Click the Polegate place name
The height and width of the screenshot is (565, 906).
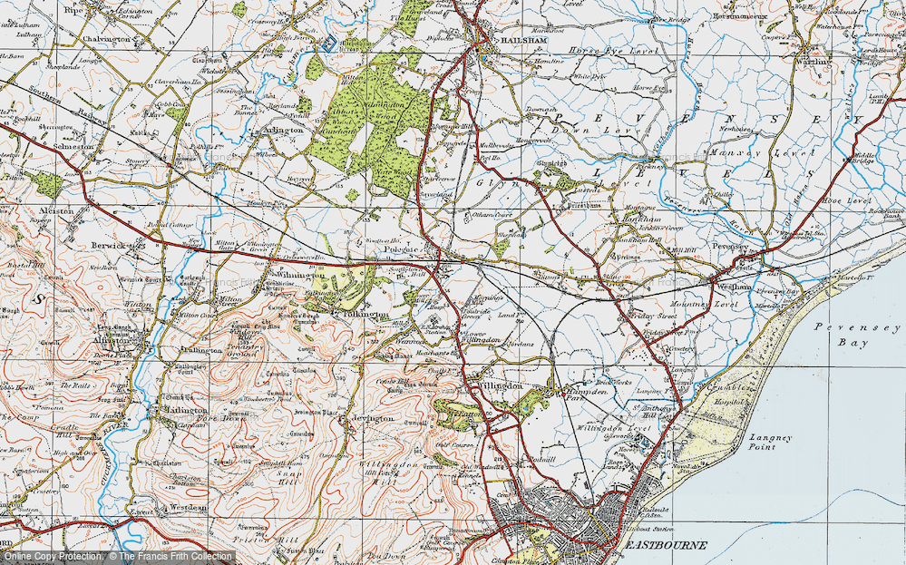404,248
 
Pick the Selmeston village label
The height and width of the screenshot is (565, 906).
72,146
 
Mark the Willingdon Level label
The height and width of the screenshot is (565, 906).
613,426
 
